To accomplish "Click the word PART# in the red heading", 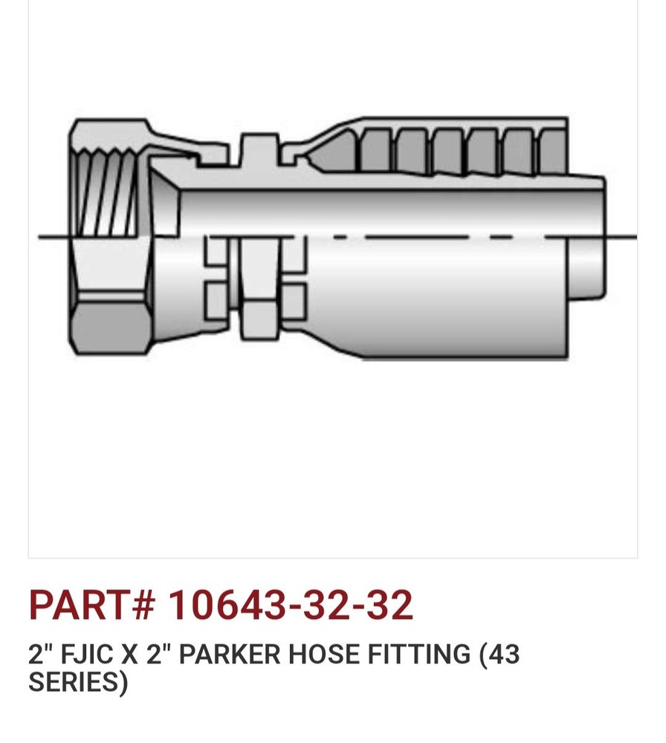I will [x=91, y=605].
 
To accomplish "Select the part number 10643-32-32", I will [x=290, y=605].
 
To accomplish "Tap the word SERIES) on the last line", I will [x=78, y=682].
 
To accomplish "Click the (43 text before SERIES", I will [x=499, y=655].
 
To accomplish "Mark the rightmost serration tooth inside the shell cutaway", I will [x=552, y=152].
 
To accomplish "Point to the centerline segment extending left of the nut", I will [x=54, y=237].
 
